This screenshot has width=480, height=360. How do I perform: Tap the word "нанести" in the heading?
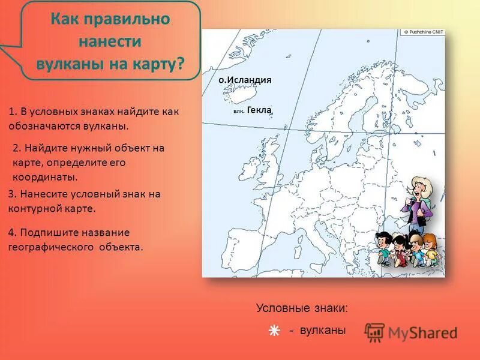coord(110,41)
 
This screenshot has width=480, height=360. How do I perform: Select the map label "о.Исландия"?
coord(245,80)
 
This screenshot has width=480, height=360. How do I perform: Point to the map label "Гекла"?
coord(259,110)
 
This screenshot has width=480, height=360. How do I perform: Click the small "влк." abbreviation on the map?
coord(238,112)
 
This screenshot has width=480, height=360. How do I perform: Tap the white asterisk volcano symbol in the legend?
coord(274,331)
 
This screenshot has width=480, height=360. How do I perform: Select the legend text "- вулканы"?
coord(317,330)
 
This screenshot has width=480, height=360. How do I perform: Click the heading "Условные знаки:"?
coord(301,308)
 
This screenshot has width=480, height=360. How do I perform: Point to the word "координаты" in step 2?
coord(46,178)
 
